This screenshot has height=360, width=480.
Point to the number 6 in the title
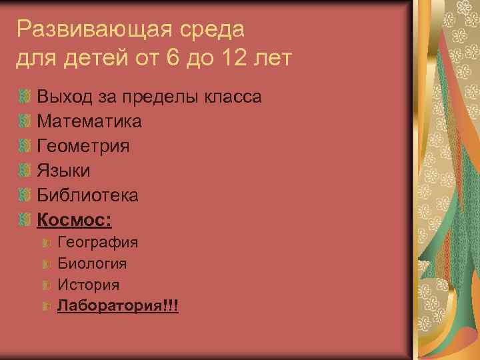pyautogui.click(x=173, y=59)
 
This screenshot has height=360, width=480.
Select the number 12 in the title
pyautogui.click(x=232, y=59)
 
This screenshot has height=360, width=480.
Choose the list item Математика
pyautogui.click(x=89, y=122)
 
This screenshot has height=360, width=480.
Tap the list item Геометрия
pyautogui.click(x=83, y=146)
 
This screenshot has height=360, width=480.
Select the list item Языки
pyautogui.click(x=63, y=171)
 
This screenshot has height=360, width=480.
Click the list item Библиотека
pyautogui.click(x=87, y=195)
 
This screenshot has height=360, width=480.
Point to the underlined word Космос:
pyautogui.click(x=74, y=219)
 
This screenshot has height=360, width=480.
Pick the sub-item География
pyautogui.click(x=98, y=242)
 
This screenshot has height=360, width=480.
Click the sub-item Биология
pyautogui.click(x=93, y=263)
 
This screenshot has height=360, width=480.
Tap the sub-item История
pyautogui.click(x=89, y=285)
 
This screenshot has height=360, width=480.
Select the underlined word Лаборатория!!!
pyautogui.click(x=118, y=306)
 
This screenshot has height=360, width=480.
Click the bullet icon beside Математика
pyautogui.click(x=25, y=122)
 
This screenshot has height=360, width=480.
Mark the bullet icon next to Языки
pyautogui.click(x=25, y=171)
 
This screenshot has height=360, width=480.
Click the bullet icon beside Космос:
pyautogui.click(x=25, y=219)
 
